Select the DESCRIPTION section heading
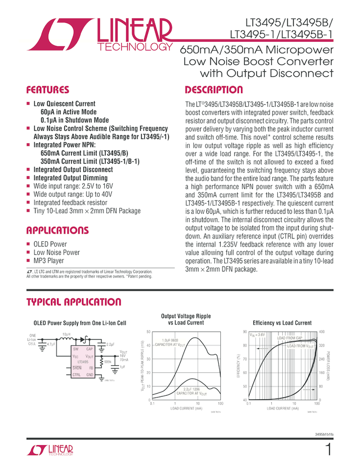click(214, 90)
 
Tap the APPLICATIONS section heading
click(59, 230)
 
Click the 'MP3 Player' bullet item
click(49, 261)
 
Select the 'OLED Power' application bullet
click(50, 244)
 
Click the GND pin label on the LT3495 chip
click(90, 374)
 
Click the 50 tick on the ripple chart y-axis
click(148, 332)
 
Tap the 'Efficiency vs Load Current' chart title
click(282, 323)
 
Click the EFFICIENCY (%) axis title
click(238, 366)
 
